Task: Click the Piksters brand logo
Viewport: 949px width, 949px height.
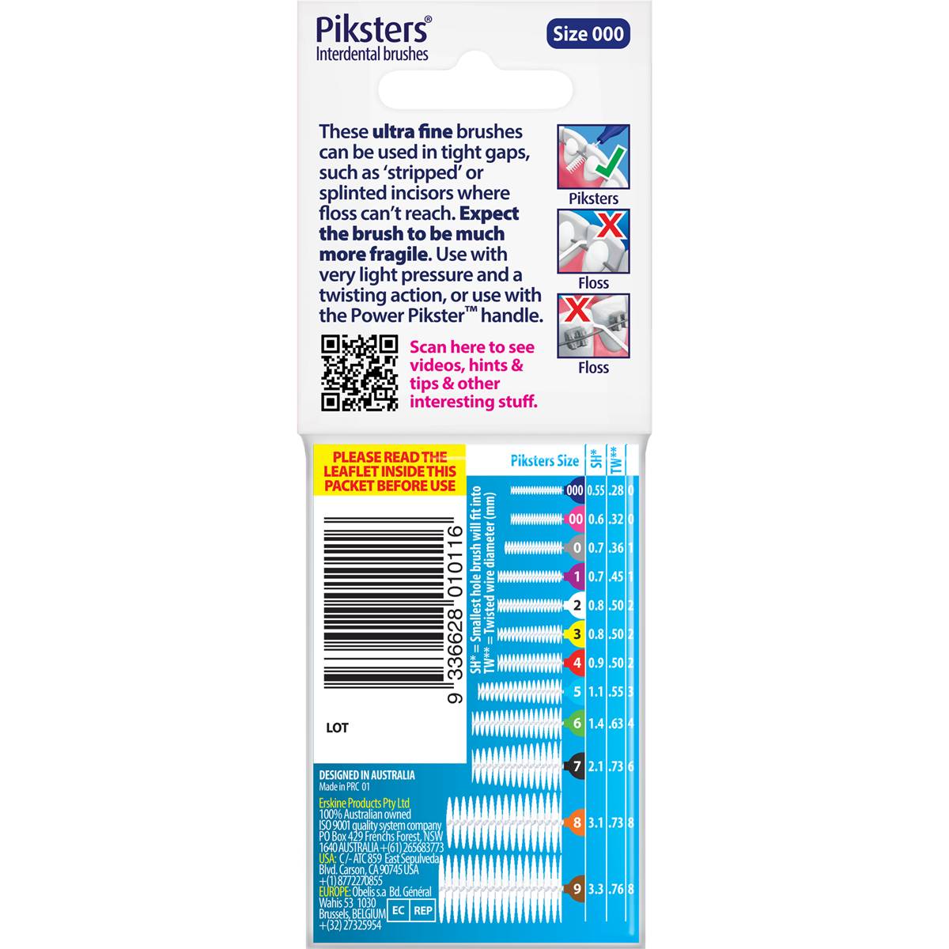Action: click(x=372, y=30)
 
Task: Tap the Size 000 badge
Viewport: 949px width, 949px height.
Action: click(x=588, y=34)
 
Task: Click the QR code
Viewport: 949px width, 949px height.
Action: click(x=359, y=372)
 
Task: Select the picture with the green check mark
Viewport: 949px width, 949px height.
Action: click(x=593, y=156)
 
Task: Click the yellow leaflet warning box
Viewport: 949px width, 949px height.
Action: click(x=389, y=471)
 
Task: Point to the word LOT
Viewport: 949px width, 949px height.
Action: click(x=337, y=728)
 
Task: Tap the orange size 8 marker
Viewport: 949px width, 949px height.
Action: click(x=576, y=822)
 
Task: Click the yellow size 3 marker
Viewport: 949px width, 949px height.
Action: click(x=576, y=633)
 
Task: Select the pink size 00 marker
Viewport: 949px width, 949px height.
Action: click(x=575, y=520)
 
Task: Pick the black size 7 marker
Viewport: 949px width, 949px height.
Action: click(x=576, y=766)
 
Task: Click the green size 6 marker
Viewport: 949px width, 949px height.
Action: click(x=576, y=723)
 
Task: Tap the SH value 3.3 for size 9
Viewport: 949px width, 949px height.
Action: click(x=595, y=889)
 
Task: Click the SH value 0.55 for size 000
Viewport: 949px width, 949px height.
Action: click(x=595, y=490)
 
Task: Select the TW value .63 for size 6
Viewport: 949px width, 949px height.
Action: click(x=615, y=723)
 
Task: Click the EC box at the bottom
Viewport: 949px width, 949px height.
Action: click(x=398, y=910)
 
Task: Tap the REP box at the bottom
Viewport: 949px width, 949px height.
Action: click(x=423, y=910)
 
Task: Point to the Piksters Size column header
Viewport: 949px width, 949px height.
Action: click(x=544, y=461)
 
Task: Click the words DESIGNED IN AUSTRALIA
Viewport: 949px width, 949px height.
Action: click(x=366, y=775)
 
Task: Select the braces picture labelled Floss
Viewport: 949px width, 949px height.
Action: click(x=593, y=326)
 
